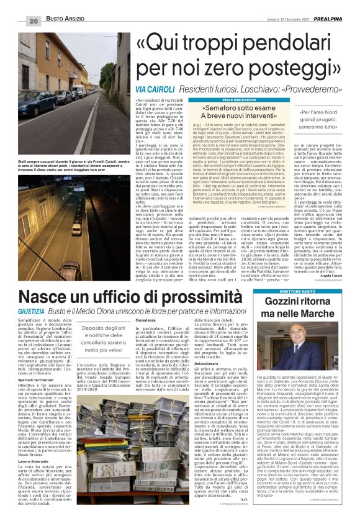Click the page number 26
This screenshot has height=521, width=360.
(33, 20)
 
